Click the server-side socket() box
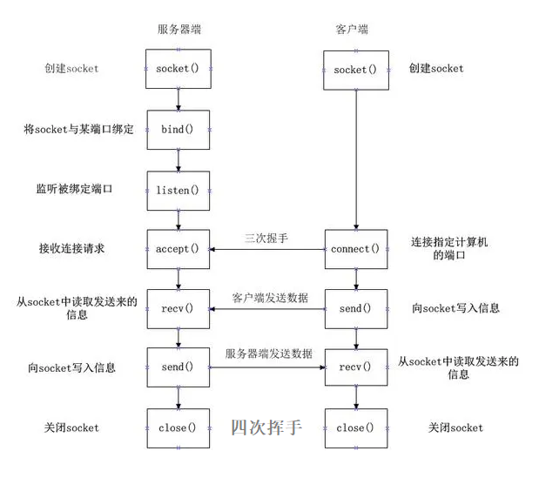pyautogui.click(x=178, y=68)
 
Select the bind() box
pyautogui.click(x=178, y=129)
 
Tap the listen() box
pyautogui.click(x=178, y=189)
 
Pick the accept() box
pyautogui.click(x=178, y=249)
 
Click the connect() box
pyautogui.click(x=355, y=249)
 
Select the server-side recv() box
pyautogui.click(x=178, y=308)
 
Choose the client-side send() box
pyautogui.click(x=355, y=308)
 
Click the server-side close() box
pyautogui.click(x=178, y=428)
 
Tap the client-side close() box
pyautogui.click(x=355, y=428)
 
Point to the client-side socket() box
pyautogui.click(x=355, y=69)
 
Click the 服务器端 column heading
pyautogui.click(x=178, y=29)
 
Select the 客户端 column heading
pyautogui.click(x=351, y=29)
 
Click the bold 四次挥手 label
pyautogui.click(x=266, y=428)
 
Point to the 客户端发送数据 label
pyautogui.click(x=270, y=298)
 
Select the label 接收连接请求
pyautogui.click(x=72, y=249)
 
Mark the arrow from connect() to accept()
pyautogui.click(x=266, y=250)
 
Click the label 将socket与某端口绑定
pyautogui.click(x=78, y=129)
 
